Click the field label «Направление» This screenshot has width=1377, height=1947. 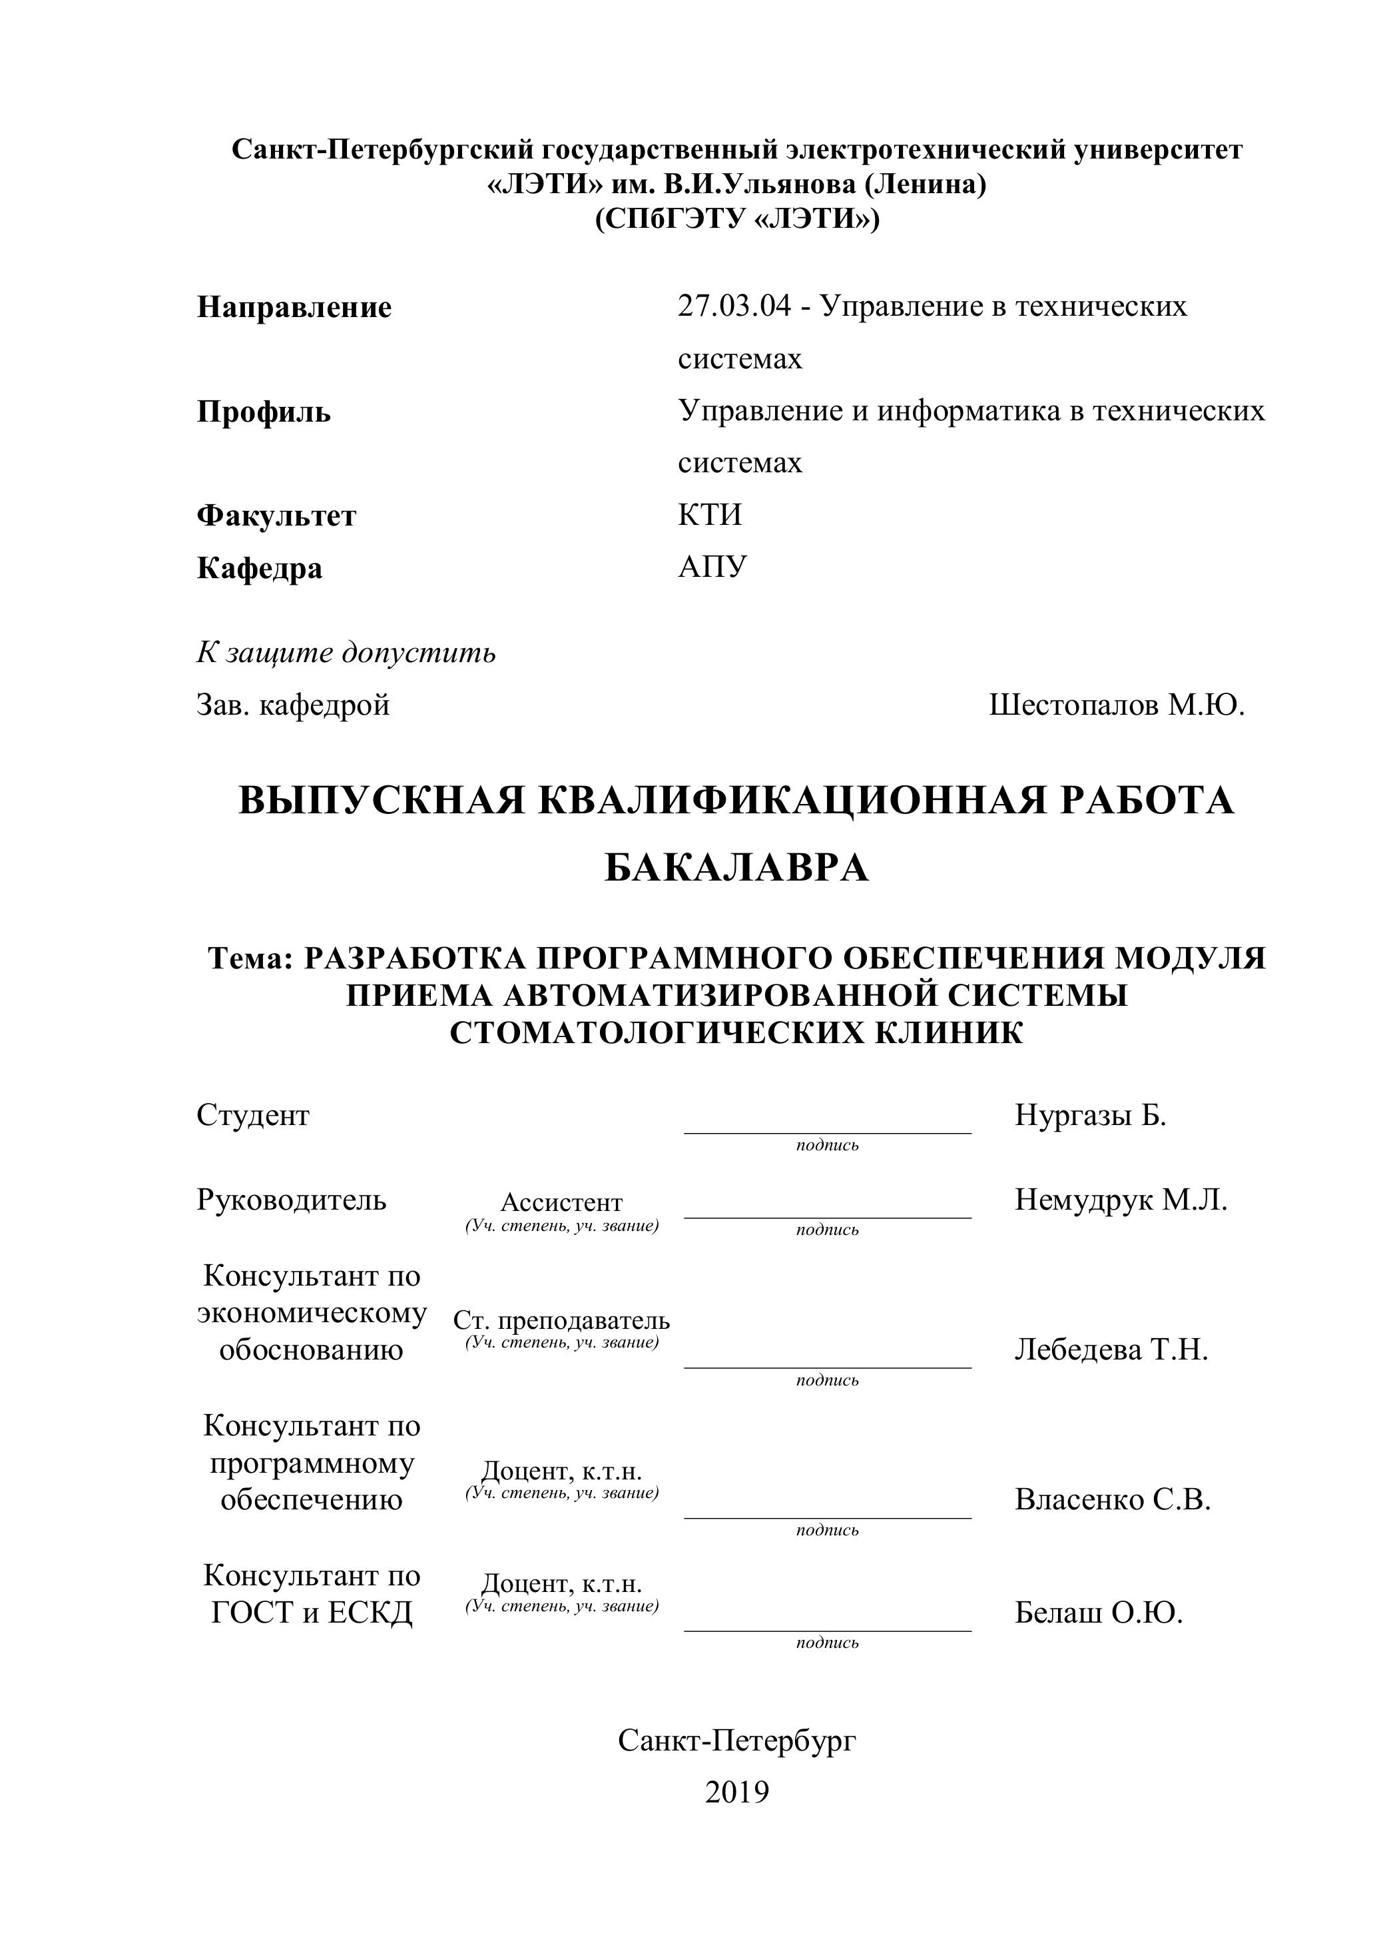294,307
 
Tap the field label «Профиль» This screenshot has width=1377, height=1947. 264,412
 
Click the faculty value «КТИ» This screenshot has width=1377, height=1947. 710,515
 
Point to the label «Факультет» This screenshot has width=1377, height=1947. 276,516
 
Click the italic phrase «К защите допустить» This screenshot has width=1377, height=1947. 346,652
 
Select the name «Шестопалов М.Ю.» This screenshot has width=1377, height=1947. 1116,705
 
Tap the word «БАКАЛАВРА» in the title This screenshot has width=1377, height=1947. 736,867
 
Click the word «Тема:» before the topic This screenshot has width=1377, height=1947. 251,959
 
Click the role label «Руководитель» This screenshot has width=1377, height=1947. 292,1200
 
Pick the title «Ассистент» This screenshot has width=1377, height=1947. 561,1202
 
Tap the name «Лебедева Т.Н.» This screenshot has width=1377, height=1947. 1111,1349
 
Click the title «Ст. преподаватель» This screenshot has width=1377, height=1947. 561,1320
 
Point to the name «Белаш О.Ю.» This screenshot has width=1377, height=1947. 1098,1612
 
